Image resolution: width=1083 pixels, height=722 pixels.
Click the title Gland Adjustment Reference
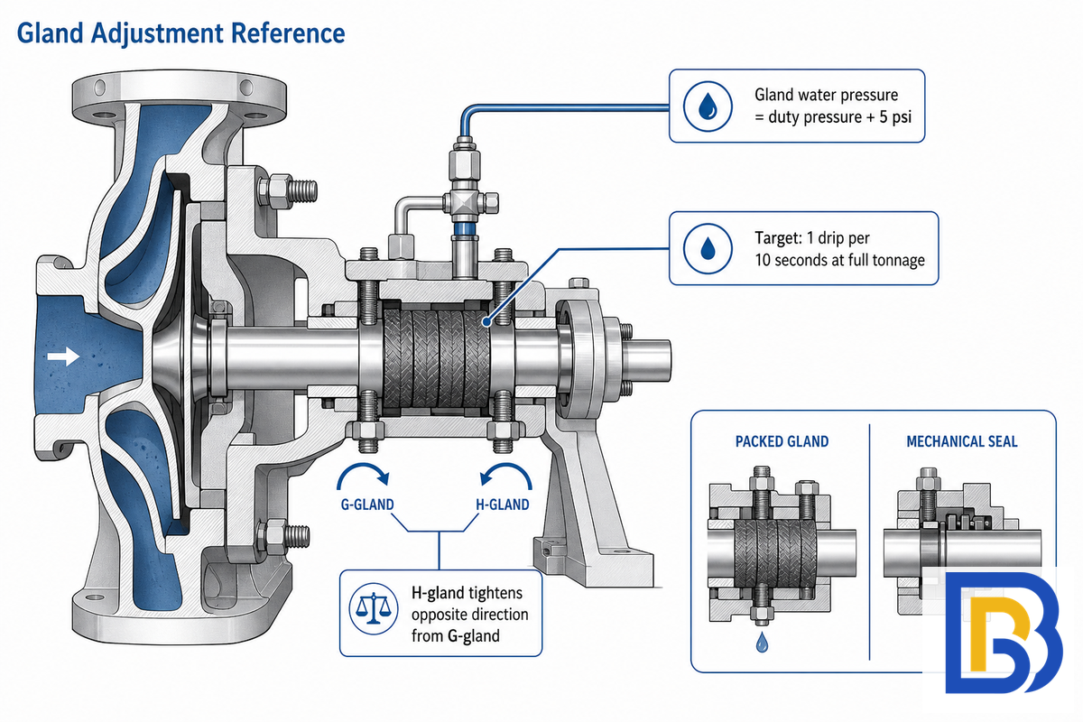click(180, 33)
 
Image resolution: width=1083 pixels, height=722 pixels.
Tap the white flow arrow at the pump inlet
click(63, 356)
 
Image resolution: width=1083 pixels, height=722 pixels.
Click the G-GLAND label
click(367, 504)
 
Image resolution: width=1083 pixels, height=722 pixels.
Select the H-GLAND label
click(503, 504)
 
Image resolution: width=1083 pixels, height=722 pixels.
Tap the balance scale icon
click(374, 609)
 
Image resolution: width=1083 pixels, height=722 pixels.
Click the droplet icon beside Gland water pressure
click(708, 106)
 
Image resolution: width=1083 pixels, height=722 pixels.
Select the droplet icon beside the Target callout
click(708, 248)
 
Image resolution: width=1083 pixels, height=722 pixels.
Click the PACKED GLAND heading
click(782, 441)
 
